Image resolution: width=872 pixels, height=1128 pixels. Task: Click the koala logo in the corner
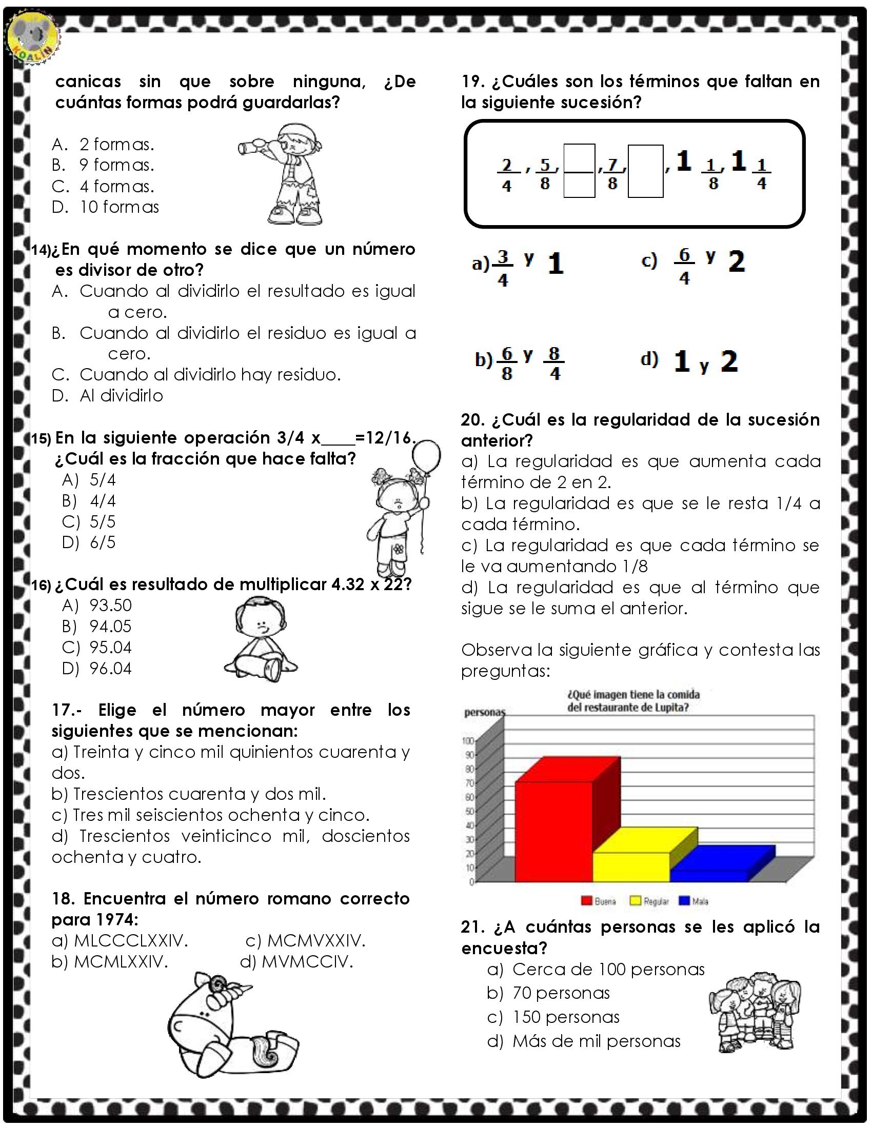(34, 38)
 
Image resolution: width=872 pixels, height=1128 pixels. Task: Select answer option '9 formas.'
(116, 165)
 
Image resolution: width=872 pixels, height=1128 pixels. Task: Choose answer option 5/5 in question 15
(102, 521)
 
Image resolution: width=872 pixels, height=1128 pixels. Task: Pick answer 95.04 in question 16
(110, 647)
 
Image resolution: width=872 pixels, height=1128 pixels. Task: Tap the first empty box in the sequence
(579, 171)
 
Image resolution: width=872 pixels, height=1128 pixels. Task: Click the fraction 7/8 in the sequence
(612, 173)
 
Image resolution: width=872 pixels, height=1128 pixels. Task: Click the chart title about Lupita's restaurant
(633, 700)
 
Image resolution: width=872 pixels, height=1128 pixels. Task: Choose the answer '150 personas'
(565, 1017)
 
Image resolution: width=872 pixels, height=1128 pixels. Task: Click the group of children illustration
(754, 1012)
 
